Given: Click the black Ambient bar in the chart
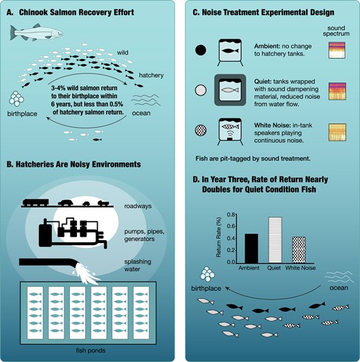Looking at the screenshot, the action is tap(251, 248).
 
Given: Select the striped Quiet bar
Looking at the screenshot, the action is tap(275, 240).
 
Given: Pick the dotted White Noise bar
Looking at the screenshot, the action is tap(299, 250).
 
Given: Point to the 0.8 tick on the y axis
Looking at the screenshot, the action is tap(231, 215).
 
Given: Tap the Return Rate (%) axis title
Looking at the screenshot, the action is tap(219, 237).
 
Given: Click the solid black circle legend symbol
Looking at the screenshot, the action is tap(201, 50).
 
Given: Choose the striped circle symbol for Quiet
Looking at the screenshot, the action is tap(201, 90).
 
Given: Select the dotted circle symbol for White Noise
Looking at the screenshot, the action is tap(201, 130).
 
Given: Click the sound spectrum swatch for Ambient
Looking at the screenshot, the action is tap(337, 51).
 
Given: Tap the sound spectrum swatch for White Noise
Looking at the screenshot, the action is tap(337, 132).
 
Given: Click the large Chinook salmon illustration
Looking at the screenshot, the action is tap(36, 33).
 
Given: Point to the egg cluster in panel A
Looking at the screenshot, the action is tap(17, 98).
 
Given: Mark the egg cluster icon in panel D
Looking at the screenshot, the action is tap(208, 274).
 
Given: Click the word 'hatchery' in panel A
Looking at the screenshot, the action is tap(151, 75).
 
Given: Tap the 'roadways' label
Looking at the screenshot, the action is tap(138, 206).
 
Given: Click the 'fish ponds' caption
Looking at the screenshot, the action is tap(91, 350).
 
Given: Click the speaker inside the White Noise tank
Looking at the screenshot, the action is tap(231, 139).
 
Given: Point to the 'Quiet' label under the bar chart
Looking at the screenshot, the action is tap(274, 268).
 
